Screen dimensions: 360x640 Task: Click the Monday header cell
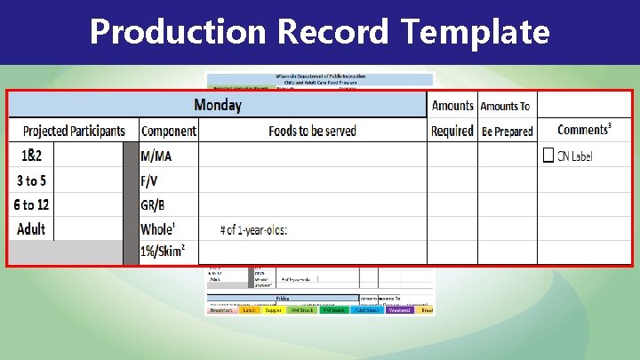(218, 105)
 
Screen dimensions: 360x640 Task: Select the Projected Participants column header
(74, 131)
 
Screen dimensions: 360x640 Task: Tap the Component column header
(169, 131)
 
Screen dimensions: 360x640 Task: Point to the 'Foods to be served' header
(312, 131)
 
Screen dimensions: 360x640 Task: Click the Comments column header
(583, 130)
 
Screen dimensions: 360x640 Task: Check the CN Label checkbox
(548, 156)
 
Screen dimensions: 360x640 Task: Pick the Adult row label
(31, 228)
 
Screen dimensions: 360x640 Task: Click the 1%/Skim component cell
(163, 252)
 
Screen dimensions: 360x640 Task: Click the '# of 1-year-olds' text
(254, 230)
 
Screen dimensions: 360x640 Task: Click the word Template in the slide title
(475, 32)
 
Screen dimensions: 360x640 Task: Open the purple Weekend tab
(397, 310)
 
